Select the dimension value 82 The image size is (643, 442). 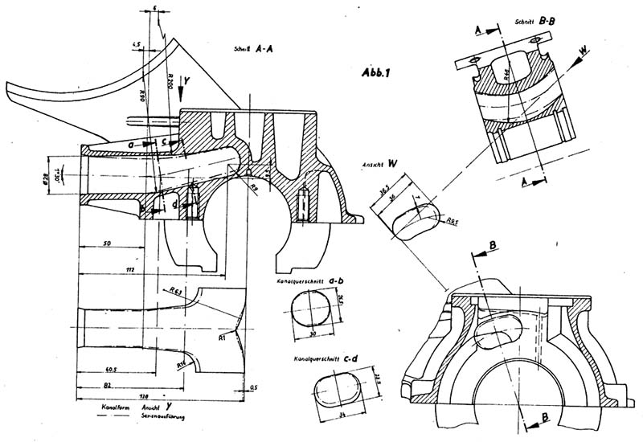pos(107,387)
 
